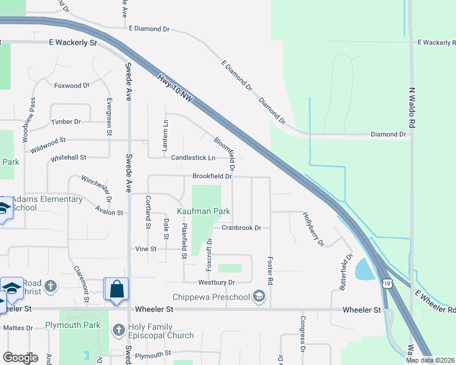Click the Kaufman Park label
point(204,211)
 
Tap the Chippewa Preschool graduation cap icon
point(259,297)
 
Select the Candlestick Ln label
point(193,158)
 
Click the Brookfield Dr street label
point(212,176)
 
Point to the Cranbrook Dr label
point(241,228)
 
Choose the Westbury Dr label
point(216,282)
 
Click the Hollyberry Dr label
point(313,229)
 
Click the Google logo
point(20,358)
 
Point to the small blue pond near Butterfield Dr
point(364,269)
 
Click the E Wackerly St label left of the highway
point(73,44)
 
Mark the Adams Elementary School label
point(47,203)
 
